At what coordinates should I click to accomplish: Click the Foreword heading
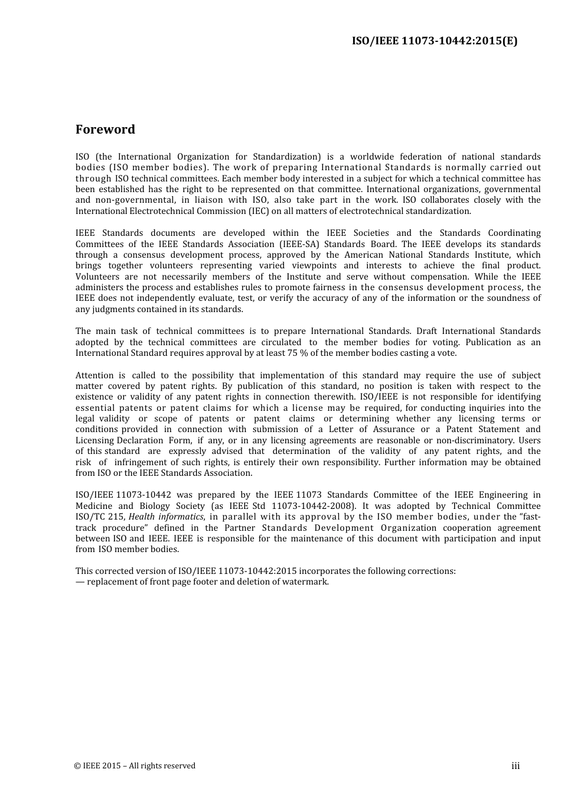[105, 129]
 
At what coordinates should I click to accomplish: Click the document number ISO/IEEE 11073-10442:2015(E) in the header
[435, 41]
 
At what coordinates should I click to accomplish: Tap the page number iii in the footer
[516, 766]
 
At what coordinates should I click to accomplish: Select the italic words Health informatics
[166, 517]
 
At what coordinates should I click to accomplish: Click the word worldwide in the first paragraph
[371, 157]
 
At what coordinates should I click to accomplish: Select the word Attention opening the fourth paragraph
[94, 375]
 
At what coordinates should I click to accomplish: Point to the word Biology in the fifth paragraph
[155, 506]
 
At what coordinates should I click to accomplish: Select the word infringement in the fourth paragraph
[141, 462]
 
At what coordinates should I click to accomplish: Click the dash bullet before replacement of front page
[80, 582]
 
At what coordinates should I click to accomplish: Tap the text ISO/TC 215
[100, 517]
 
